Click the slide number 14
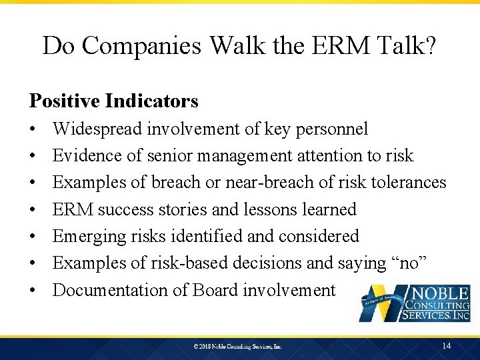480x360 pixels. (447, 345)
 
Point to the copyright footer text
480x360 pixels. (238, 347)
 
